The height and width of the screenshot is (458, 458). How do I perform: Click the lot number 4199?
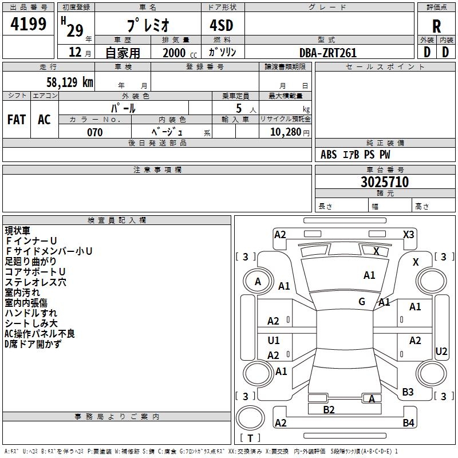(x=28, y=24)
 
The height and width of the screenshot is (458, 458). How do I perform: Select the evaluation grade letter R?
(x=436, y=26)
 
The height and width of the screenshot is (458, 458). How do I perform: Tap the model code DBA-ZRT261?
(x=328, y=53)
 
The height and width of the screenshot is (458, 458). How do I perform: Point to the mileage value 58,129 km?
(x=70, y=82)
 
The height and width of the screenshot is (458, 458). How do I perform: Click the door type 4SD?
(x=222, y=25)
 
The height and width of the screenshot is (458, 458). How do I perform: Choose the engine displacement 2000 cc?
(x=180, y=53)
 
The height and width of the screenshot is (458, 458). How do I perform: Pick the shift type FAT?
(x=17, y=120)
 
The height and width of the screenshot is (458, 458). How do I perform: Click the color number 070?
(x=95, y=132)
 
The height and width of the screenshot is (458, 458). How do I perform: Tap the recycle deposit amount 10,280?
(x=286, y=132)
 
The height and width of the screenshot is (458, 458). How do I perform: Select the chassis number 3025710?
(x=385, y=181)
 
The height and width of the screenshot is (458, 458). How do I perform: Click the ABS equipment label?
(x=329, y=155)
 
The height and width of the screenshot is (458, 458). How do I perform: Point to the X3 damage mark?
(x=408, y=235)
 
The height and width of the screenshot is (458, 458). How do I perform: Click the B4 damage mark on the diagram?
(x=408, y=423)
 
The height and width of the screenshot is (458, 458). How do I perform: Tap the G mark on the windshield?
(x=362, y=302)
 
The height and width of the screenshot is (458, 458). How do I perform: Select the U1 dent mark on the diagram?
(x=274, y=340)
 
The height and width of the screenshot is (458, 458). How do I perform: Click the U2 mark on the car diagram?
(x=441, y=352)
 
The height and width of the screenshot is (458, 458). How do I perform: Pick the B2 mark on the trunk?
(x=329, y=410)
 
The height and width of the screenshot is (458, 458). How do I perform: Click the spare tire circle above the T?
(x=250, y=418)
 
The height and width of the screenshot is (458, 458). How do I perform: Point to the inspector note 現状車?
(x=18, y=231)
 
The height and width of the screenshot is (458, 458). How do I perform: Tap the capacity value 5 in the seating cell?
(x=239, y=108)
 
